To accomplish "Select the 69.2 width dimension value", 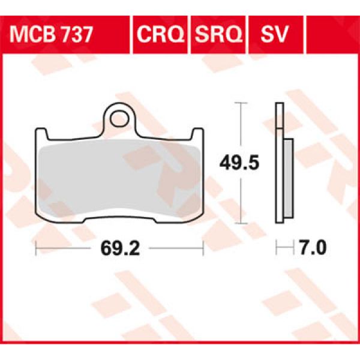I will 119,248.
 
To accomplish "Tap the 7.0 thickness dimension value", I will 311,248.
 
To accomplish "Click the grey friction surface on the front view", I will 119,180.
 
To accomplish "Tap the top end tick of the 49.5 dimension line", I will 241,104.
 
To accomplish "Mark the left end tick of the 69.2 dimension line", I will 37,248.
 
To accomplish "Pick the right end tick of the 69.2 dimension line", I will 203,248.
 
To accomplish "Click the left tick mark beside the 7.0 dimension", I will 276,248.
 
